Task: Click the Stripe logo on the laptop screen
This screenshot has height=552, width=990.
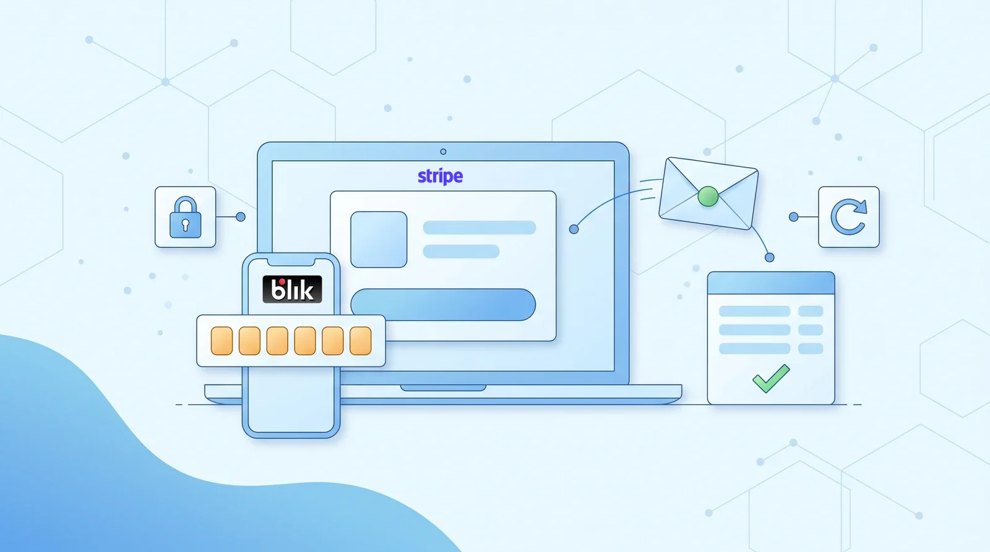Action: coord(440,177)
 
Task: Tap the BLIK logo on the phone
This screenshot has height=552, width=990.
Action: coord(292,289)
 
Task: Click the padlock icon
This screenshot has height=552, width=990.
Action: coord(185,217)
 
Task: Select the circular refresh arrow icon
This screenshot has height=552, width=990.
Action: coord(848,217)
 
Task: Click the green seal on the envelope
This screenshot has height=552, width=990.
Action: coord(708,197)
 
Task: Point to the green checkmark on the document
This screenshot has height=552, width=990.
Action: coord(771,378)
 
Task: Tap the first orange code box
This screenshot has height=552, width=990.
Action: coord(222,341)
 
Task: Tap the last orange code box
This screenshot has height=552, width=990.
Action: coord(361,341)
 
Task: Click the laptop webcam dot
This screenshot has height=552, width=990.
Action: coord(443,152)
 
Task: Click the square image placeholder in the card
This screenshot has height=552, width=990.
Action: coord(379,239)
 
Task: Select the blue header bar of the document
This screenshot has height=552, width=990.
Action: coord(771,283)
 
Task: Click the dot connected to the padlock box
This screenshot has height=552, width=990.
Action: coord(241,217)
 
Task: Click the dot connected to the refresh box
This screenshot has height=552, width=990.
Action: coord(794,217)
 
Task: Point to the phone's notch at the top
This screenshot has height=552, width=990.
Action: coord(291,262)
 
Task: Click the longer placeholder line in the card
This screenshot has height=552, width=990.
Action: coord(480,227)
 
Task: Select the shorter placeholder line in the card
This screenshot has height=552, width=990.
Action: coord(461,251)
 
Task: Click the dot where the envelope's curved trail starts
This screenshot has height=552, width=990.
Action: coord(574,229)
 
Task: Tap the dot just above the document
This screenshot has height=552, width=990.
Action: coord(770,257)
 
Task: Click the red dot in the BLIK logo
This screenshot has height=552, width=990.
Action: coord(282,282)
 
